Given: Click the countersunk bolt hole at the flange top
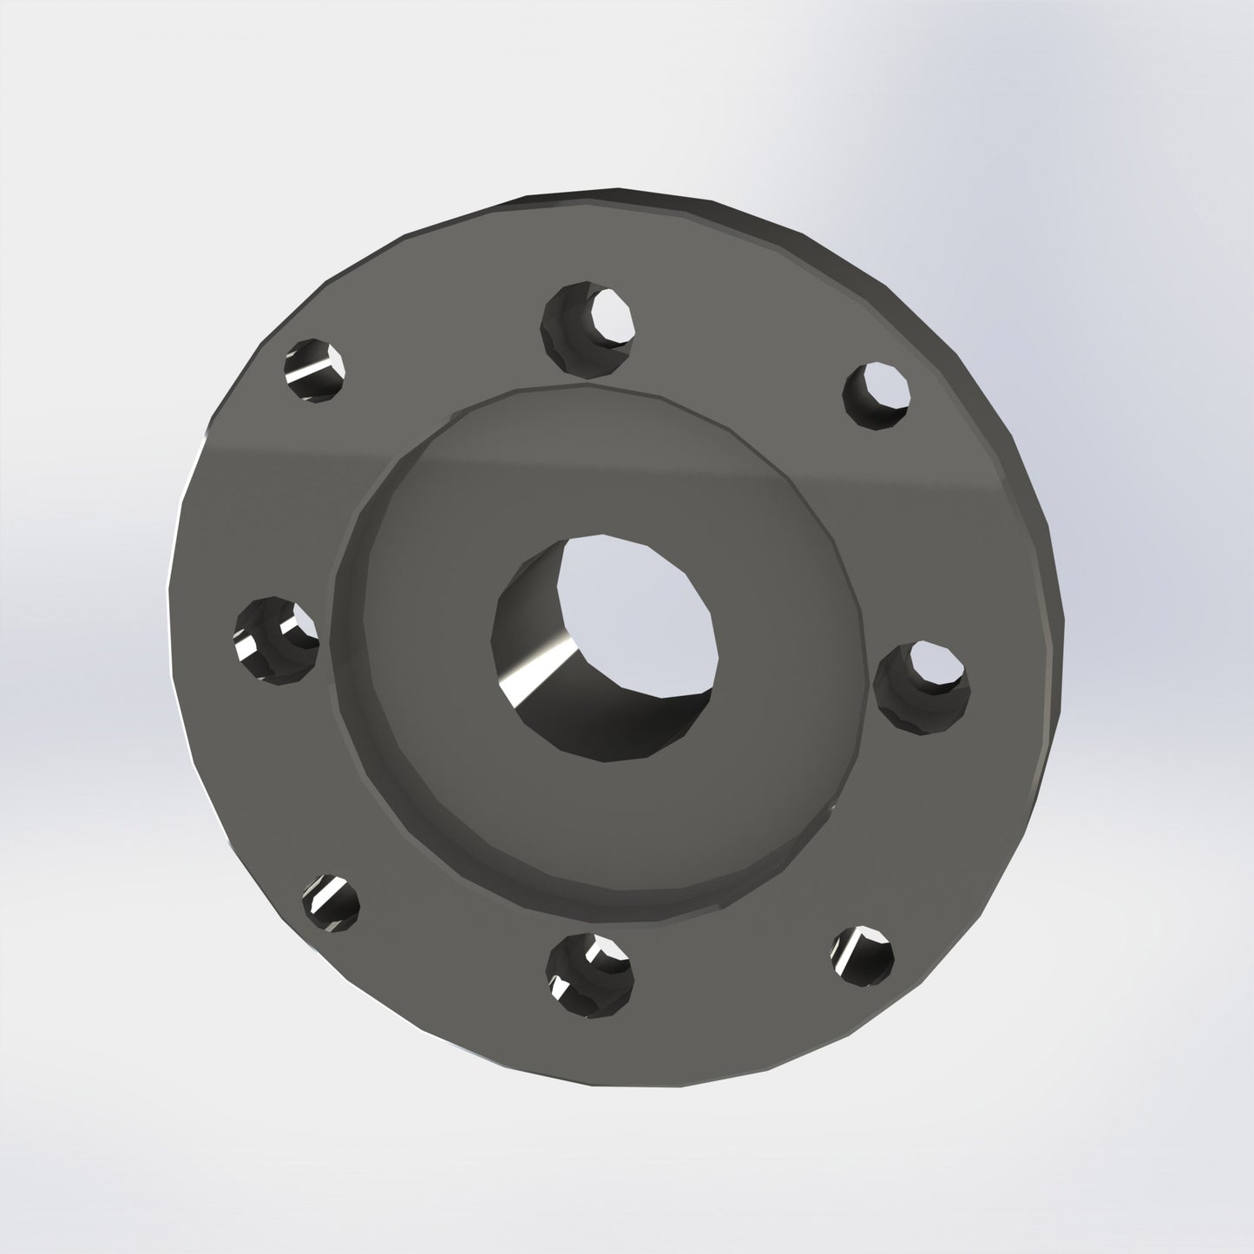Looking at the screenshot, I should [588, 327].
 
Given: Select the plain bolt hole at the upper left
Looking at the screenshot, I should [316, 371].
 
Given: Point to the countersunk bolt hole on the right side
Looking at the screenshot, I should [920, 684].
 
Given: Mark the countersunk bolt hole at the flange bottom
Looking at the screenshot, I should [590, 975].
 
